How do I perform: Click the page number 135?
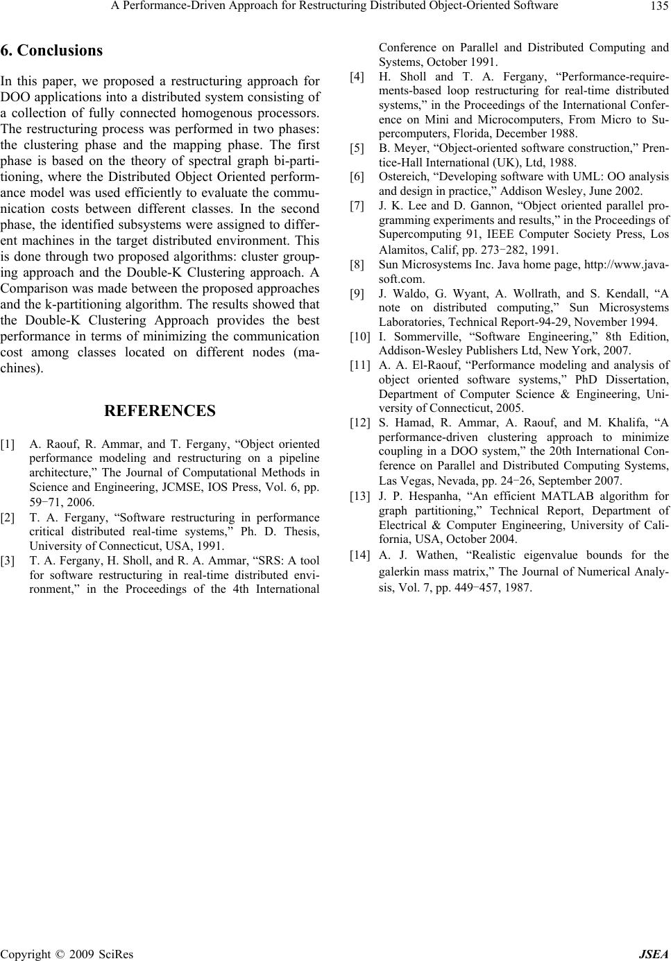[x=659, y=7]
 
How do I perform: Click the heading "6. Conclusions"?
[x=52, y=51]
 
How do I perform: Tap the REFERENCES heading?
[x=160, y=411]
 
